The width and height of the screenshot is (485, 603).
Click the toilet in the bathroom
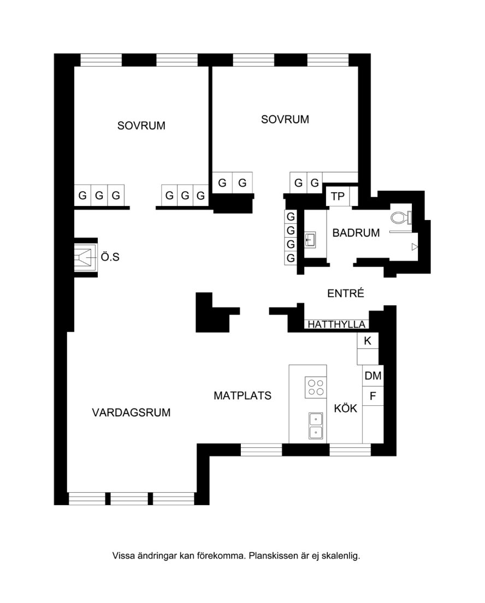click(x=401, y=218)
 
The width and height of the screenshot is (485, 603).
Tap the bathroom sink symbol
click(x=310, y=239)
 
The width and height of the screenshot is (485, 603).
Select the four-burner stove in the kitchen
click(x=316, y=387)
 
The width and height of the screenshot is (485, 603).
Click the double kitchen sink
click(x=316, y=425)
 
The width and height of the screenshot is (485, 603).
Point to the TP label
click(x=338, y=197)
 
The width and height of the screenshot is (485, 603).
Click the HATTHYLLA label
click(x=336, y=324)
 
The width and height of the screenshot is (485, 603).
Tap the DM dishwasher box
click(x=372, y=376)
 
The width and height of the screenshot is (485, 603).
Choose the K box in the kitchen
click(x=368, y=341)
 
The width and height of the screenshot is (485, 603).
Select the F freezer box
click(x=372, y=395)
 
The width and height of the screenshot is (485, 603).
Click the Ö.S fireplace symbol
click(x=85, y=257)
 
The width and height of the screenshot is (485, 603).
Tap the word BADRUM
click(x=356, y=233)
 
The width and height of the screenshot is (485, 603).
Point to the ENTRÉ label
click(x=345, y=293)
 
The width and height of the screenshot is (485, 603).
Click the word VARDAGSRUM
click(x=131, y=412)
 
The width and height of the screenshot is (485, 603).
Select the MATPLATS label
click(x=242, y=395)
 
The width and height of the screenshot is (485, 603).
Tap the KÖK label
click(x=345, y=408)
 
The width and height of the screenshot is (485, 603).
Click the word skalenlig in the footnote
click(x=341, y=555)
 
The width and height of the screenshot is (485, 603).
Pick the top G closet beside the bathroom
click(x=291, y=217)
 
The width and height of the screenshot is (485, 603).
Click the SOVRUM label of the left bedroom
click(x=141, y=126)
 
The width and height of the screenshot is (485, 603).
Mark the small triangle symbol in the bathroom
click(x=415, y=247)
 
